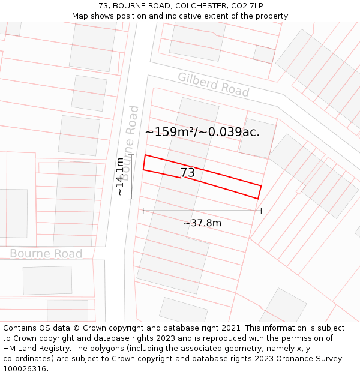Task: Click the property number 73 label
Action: click(187, 173)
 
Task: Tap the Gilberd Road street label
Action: click(213, 85)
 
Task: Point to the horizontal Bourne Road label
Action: click(46, 253)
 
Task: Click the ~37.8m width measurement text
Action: click(202, 223)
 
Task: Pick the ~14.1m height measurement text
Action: click(121, 177)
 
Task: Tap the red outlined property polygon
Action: click(228, 182)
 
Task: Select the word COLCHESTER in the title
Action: click(195, 6)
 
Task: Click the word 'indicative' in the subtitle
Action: click(175, 16)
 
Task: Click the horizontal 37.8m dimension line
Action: click(202, 211)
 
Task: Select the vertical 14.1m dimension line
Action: click(131, 176)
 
